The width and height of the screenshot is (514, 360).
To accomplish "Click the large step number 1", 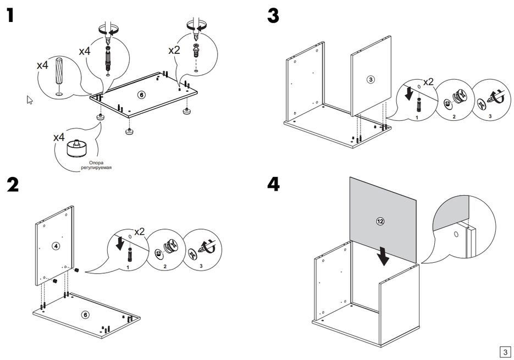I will (x=10, y=15).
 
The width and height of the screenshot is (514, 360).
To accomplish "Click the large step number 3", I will (x=273, y=15).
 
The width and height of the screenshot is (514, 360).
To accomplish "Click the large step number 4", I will (x=273, y=184).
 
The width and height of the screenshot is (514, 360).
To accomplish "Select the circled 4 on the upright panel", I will (x=56, y=246).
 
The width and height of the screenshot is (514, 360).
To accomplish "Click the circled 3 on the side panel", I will (x=371, y=79).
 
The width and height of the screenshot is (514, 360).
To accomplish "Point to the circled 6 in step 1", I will (x=141, y=95).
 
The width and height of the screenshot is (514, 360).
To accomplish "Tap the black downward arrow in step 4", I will (x=385, y=254).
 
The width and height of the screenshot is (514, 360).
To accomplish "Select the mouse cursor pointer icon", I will (x=30, y=99).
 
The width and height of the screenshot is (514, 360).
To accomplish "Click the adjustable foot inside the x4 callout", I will (x=78, y=149).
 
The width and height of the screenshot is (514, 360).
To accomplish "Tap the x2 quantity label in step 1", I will (x=174, y=49).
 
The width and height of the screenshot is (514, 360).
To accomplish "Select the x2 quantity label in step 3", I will (x=427, y=82).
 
